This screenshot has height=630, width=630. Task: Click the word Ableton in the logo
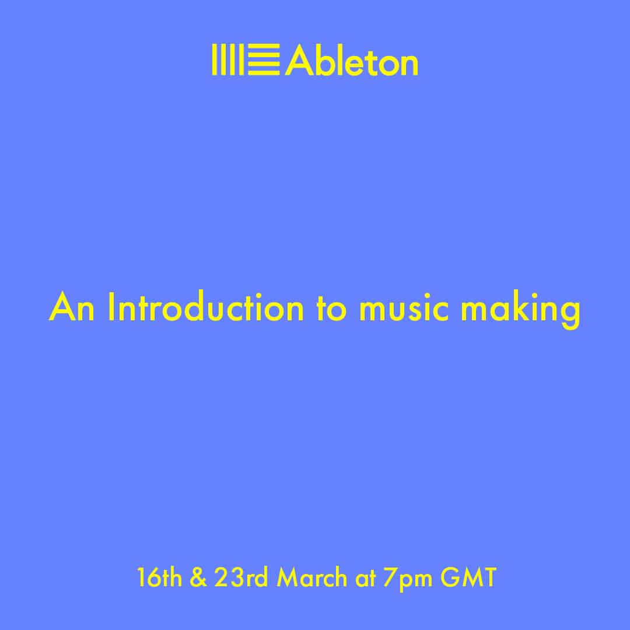[x=352, y=60]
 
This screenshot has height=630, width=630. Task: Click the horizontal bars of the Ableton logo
[x=264, y=60]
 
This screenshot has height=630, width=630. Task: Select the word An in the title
[x=72, y=308]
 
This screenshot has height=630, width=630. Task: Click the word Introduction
[x=206, y=307]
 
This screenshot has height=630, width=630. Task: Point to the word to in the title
[x=331, y=310]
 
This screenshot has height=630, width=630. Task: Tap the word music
[x=404, y=309]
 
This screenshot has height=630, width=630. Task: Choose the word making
[x=520, y=310]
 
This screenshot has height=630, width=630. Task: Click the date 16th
[x=159, y=577]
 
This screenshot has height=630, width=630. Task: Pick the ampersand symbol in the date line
[x=198, y=577]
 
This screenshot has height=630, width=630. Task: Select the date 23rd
[x=241, y=577]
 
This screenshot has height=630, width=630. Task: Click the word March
[x=311, y=577]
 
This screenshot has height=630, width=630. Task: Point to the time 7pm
[x=407, y=580]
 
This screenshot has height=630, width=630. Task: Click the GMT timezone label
[x=468, y=577]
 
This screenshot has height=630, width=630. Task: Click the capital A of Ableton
[x=299, y=60]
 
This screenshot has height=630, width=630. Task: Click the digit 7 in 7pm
[x=390, y=577]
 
